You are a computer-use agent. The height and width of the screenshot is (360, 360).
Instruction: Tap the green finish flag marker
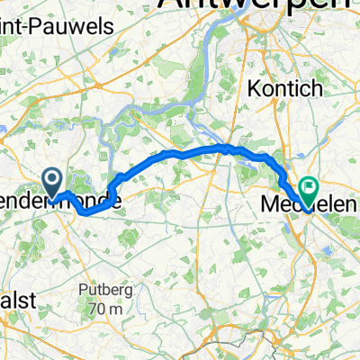click(x=310, y=190)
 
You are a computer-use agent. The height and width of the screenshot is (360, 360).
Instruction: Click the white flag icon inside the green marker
click(x=310, y=187)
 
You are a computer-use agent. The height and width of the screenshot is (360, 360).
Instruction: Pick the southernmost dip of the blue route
click(x=86, y=214)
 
